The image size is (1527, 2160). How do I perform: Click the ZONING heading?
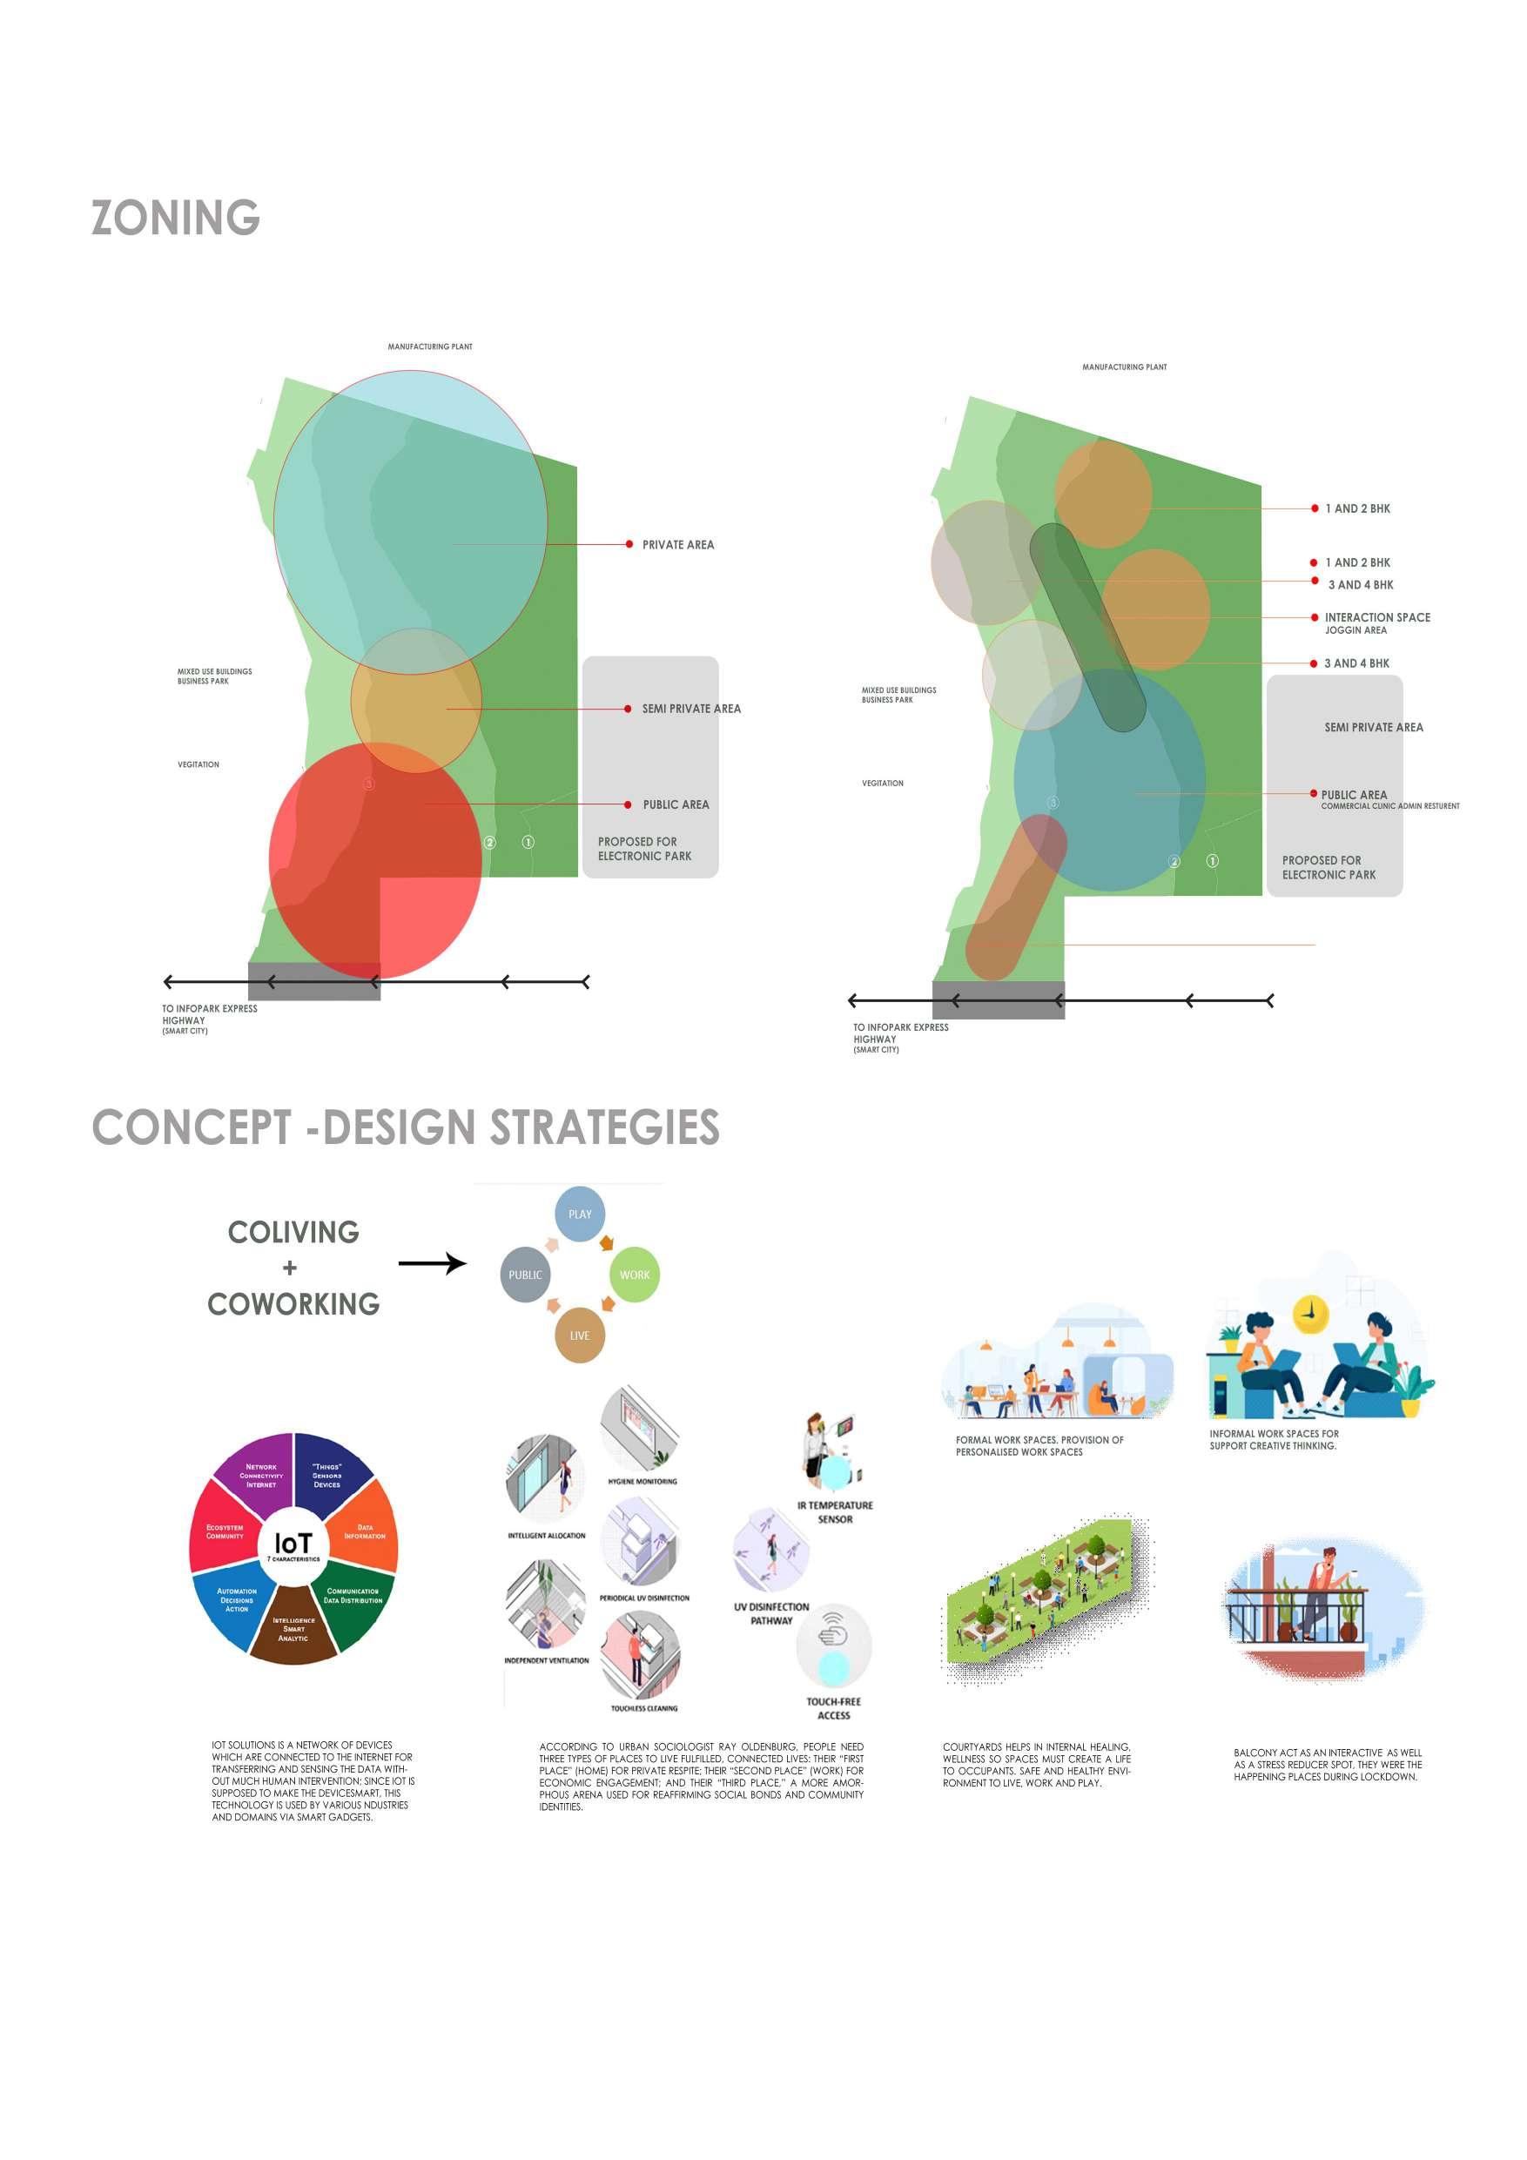click(175, 218)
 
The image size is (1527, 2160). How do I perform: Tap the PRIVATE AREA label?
click(677, 545)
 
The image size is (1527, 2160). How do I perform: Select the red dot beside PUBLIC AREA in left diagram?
click(629, 804)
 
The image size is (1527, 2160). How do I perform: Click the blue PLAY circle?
click(580, 1214)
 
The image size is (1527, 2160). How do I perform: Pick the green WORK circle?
click(634, 1275)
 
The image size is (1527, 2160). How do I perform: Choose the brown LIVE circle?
click(580, 1335)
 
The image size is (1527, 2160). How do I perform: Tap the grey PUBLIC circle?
click(525, 1275)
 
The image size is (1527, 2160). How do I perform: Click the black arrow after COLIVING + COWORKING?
click(432, 1262)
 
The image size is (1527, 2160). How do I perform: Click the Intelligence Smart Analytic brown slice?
click(293, 1628)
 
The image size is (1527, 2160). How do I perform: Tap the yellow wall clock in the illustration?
click(1308, 1315)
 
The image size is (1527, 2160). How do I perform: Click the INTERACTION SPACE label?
click(1376, 617)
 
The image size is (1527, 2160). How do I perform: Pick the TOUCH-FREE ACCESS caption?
click(834, 1707)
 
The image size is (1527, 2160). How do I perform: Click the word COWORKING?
click(293, 1304)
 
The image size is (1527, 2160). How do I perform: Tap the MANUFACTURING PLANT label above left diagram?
click(430, 347)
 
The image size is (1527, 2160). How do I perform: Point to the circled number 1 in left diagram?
click(528, 842)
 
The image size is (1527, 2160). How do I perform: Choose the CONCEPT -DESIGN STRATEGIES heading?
click(406, 1127)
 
